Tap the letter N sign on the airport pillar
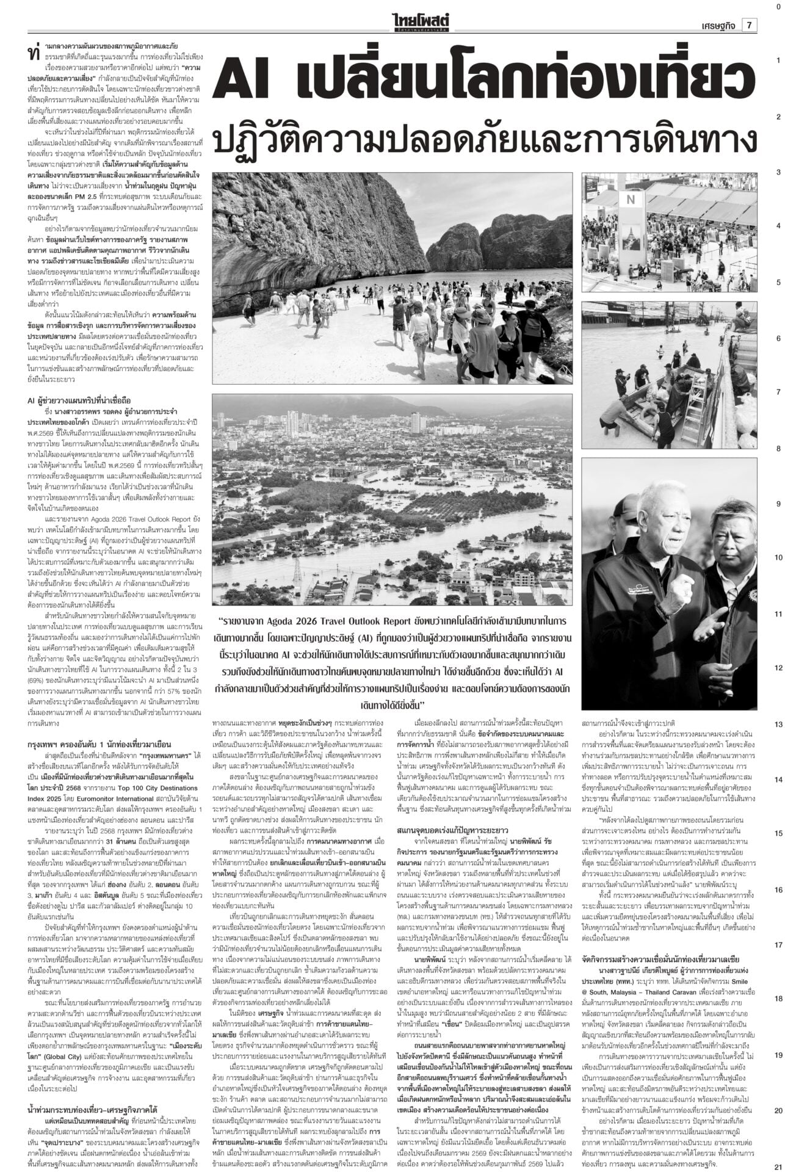pyautogui.click(x=631, y=199)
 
